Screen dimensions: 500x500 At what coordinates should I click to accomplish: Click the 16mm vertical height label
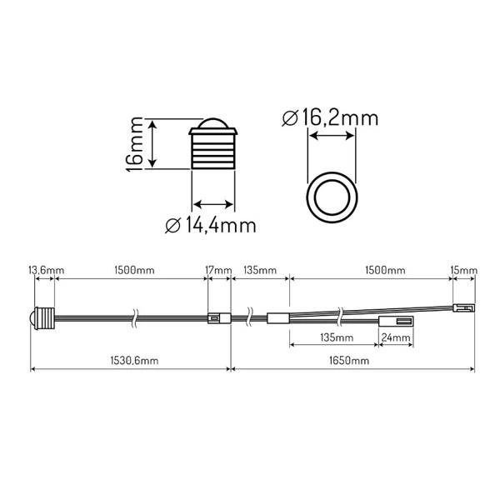click(137, 143)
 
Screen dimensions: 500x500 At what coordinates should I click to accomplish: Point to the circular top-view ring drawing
click(331, 197)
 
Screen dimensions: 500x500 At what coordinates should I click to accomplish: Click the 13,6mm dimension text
click(46, 271)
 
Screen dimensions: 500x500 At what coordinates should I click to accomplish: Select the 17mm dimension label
click(217, 271)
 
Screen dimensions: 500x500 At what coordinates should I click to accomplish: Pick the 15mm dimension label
click(463, 271)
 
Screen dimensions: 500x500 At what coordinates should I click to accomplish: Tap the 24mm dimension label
click(396, 338)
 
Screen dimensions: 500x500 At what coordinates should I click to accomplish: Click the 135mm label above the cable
click(260, 271)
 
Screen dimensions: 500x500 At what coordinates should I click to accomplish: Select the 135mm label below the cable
click(332, 338)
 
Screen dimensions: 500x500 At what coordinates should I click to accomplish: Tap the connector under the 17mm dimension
click(217, 317)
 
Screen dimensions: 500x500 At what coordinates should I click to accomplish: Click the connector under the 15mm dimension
click(462, 307)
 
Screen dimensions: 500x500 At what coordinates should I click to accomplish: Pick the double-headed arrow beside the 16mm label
click(153, 143)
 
